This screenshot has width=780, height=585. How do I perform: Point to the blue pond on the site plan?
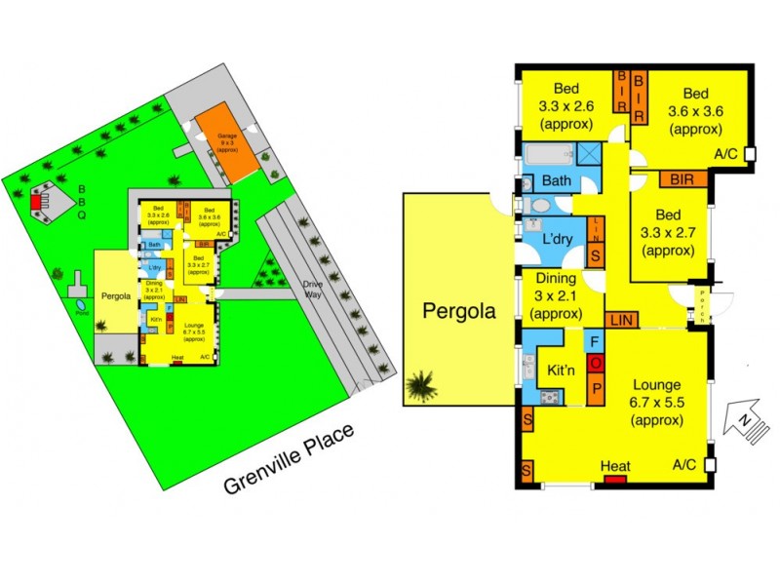tap(79, 305)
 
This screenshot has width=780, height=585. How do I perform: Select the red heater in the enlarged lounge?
tap(614, 481)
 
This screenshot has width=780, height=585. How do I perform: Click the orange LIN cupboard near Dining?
tap(620, 320)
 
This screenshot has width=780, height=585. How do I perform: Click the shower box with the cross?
tap(590, 154)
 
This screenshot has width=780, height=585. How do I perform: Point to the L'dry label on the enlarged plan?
tap(559, 240)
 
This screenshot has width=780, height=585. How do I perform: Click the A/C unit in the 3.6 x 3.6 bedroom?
tap(749, 154)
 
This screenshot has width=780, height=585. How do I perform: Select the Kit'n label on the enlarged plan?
tap(559, 370)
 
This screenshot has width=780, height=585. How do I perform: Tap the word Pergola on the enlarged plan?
tap(458, 312)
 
